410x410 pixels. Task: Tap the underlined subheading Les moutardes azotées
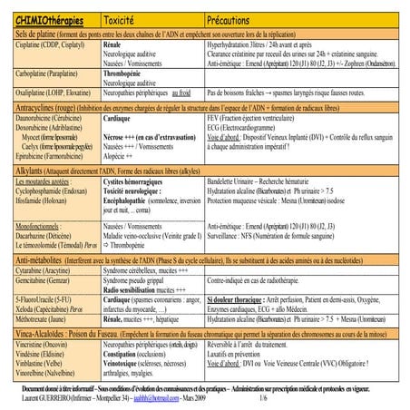pos(39,181)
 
